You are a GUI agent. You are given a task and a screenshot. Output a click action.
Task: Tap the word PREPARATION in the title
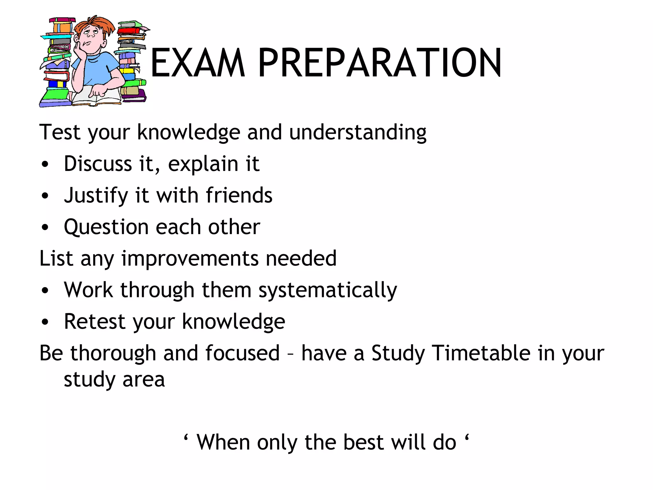point(380,63)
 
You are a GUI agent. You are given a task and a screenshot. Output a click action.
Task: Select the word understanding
point(358,132)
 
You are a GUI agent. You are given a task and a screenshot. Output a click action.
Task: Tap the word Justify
point(96,196)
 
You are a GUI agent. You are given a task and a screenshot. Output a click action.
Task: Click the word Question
point(106,227)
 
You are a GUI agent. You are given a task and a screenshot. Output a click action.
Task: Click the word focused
point(242,353)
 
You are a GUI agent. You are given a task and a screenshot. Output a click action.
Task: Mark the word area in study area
point(143,380)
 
